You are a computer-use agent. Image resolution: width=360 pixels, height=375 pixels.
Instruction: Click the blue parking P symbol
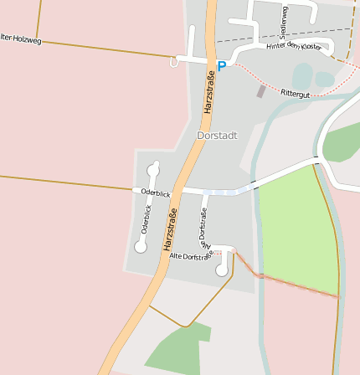[x=222, y=65]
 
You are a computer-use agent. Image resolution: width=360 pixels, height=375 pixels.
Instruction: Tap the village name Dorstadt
[x=217, y=135]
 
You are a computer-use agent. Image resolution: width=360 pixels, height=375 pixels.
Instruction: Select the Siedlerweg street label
[x=284, y=22]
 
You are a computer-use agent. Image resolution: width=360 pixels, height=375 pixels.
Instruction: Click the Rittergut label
[x=296, y=94]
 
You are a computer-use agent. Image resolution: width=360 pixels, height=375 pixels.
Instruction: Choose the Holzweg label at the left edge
[x=20, y=38]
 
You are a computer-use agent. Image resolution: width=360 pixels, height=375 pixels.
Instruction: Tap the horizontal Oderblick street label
[x=156, y=193]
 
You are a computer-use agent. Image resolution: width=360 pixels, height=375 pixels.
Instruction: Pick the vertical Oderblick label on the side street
[x=147, y=218]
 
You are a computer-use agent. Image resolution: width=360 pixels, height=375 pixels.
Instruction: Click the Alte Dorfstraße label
[x=188, y=255]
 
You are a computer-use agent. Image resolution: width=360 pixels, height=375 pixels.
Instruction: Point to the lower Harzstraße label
[x=171, y=234]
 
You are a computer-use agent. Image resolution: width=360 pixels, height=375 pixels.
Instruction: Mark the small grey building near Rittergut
[x=261, y=90]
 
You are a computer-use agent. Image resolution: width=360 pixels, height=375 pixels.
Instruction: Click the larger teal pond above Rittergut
[x=302, y=74]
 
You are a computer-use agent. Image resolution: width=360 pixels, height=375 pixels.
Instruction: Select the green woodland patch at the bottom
[x=178, y=349]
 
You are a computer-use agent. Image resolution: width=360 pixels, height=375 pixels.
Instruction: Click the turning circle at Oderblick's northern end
[x=153, y=168]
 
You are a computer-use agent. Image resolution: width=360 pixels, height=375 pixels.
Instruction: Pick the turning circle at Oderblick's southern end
[x=141, y=247]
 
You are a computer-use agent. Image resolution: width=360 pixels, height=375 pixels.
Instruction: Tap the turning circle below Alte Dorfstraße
[x=222, y=270]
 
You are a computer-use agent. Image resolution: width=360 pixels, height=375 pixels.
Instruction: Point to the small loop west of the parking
[x=174, y=62]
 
